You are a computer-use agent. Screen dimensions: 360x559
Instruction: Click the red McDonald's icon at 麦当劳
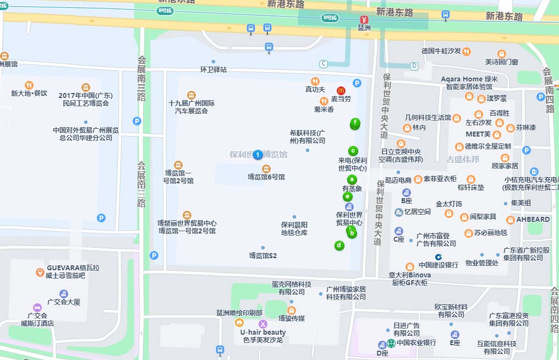pos(341,90)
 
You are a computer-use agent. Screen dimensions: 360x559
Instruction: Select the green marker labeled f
pos(355,123)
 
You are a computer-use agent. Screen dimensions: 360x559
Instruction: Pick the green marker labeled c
pos(353,151)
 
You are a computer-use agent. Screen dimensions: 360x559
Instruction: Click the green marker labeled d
pos(339,246)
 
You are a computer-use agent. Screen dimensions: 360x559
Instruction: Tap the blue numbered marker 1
pos(257,155)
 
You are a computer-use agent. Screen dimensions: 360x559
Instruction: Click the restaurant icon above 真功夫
pos(315,81)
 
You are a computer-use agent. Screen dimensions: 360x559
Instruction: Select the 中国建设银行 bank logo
pos(439,257)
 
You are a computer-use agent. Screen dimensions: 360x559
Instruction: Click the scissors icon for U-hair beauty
pos(263,324)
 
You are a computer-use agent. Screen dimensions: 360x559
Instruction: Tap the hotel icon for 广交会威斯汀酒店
pos(37,307)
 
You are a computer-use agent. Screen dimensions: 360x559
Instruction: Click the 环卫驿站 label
pos(213,70)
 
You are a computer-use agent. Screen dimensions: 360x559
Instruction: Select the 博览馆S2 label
pos(263,255)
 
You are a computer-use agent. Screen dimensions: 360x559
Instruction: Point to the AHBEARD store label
pos(533,219)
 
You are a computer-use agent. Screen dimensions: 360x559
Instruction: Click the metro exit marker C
pos(324,63)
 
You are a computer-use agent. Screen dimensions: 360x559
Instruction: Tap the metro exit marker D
pos(414,66)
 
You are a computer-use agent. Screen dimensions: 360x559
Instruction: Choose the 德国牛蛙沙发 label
pos(441,51)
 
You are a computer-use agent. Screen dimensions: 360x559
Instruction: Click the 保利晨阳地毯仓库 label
pos(294,228)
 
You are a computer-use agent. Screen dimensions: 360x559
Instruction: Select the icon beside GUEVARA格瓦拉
pos(40,272)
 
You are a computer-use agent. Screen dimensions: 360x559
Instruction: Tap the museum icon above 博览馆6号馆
pos(266,168)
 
